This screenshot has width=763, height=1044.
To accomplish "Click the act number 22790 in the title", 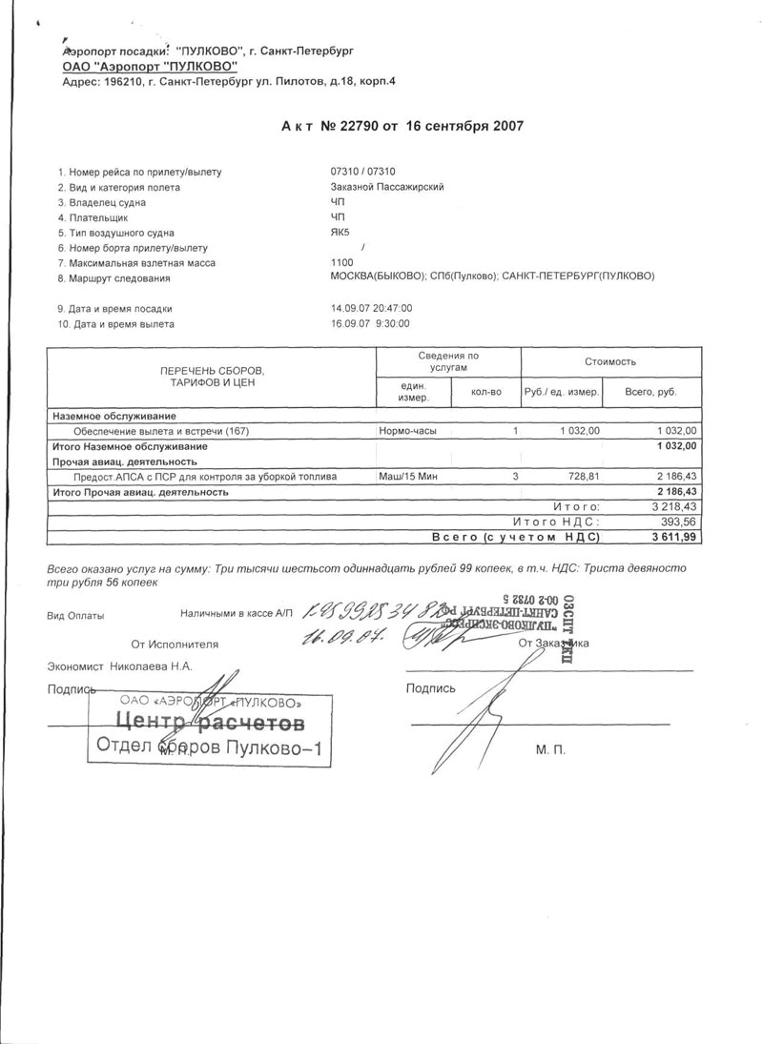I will [376, 125].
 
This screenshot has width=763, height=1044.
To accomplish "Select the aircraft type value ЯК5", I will [340, 233].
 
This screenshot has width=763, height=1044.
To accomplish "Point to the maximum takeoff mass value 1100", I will [340, 262].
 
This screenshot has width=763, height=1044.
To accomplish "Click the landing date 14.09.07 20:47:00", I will [370, 309].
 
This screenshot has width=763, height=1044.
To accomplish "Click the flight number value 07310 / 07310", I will [362, 172].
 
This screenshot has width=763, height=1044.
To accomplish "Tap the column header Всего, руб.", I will [649, 392].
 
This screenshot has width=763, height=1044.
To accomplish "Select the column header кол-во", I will [485, 392].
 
